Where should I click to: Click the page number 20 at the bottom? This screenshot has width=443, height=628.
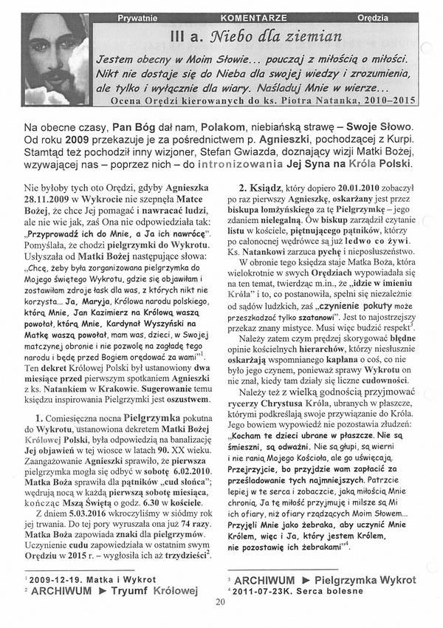(220, 601)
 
